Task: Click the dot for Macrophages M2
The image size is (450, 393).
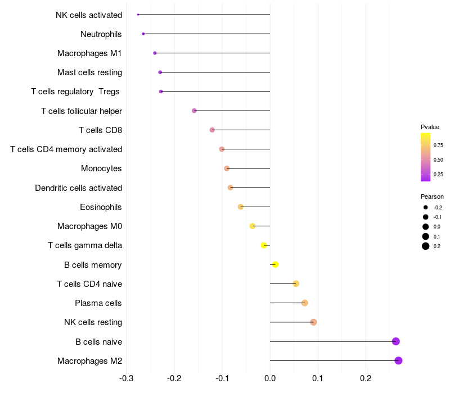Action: [x=398, y=360]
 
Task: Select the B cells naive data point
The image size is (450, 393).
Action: [x=395, y=341]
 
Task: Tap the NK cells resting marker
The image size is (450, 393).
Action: [x=313, y=322]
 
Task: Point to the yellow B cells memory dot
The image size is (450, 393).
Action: [x=275, y=264]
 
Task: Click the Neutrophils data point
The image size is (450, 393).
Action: [x=143, y=34]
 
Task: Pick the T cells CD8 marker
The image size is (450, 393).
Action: [x=212, y=130]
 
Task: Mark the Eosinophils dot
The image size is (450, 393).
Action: [x=241, y=207]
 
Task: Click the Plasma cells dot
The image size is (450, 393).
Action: [x=305, y=303]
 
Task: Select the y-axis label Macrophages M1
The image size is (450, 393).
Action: [x=89, y=53]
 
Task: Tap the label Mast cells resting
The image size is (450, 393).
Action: [x=89, y=72]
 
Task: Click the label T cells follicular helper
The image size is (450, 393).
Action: [x=82, y=111]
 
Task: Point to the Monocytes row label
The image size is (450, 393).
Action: [x=101, y=168]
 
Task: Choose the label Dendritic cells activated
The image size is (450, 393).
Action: [x=78, y=188]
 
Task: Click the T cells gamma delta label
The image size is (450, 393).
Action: [x=85, y=245]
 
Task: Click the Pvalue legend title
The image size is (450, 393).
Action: [x=430, y=127]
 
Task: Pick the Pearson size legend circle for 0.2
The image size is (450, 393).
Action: [x=426, y=246]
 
